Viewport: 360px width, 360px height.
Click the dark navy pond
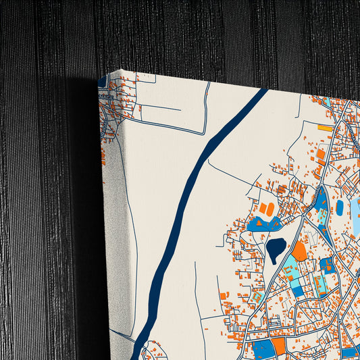(x=276, y=249)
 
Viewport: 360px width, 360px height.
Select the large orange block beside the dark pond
(x=299, y=251)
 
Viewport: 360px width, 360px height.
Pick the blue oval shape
(x=339, y=207)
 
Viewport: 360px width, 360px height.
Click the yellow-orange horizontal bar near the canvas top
(x=326, y=127)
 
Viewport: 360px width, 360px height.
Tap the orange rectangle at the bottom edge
(x=278, y=346)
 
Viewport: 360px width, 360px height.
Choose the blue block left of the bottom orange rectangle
(x=261, y=349)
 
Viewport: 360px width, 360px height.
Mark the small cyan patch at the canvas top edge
(x=326, y=101)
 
